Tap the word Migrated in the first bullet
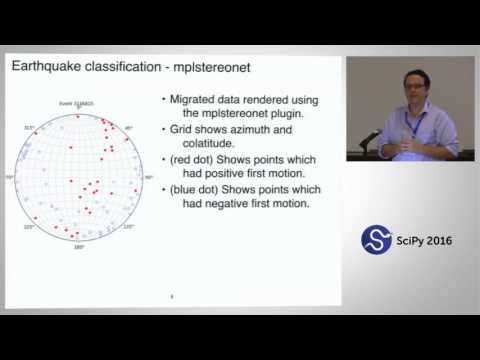click(199, 100)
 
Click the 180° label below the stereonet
click(78, 247)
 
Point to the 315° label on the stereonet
click(29, 128)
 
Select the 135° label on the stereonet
click(128, 228)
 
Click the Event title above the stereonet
click(78, 103)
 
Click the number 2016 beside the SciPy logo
click(440, 241)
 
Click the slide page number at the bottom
click(172, 296)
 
